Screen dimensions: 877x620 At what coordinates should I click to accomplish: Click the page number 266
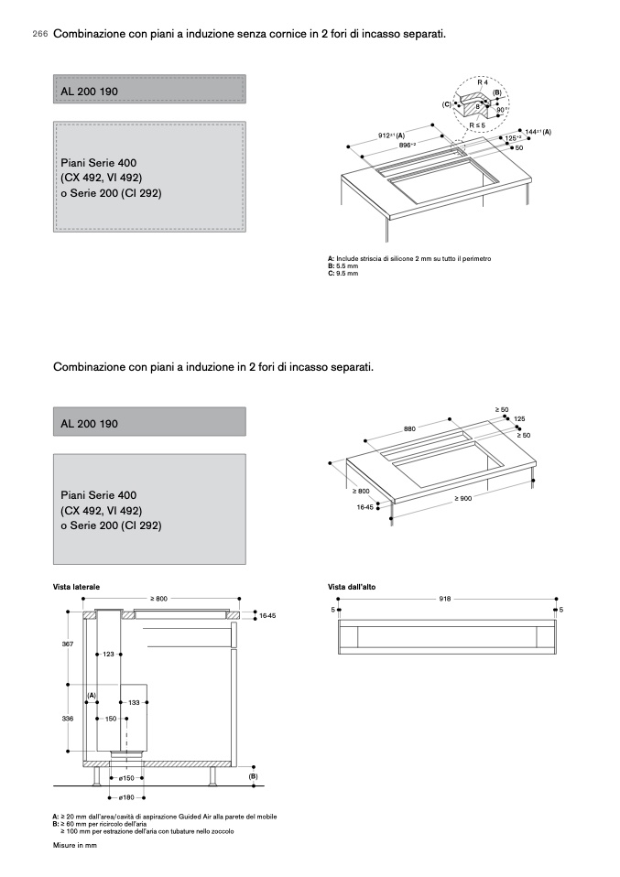pyautogui.click(x=39, y=35)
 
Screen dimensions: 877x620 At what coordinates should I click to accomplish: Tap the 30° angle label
pyautogui.click(x=502, y=109)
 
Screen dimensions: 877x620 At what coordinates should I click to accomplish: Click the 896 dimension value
pyautogui.click(x=407, y=146)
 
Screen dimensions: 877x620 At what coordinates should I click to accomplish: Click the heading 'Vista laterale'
pyautogui.click(x=76, y=586)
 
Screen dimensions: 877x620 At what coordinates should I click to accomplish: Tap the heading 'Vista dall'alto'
pyautogui.click(x=352, y=586)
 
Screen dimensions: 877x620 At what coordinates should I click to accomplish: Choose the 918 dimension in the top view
pyautogui.click(x=445, y=599)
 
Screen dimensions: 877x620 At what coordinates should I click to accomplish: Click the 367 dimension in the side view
pyautogui.click(x=68, y=645)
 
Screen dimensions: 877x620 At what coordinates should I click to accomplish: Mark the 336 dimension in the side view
pyautogui.click(x=68, y=719)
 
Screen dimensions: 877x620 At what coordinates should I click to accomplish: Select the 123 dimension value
pyautogui.click(x=108, y=654)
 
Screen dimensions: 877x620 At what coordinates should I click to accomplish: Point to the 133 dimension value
pyautogui.click(x=134, y=702)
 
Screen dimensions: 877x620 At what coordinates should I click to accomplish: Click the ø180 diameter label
pyautogui.click(x=126, y=797)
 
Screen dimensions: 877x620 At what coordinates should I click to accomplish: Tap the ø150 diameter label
pyautogui.click(x=126, y=778)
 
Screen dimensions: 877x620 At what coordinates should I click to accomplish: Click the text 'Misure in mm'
pyautogui.click(x=75, y=845)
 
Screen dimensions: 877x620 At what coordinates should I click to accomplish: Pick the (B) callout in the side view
pyautogui.click(x=253, y=775)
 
